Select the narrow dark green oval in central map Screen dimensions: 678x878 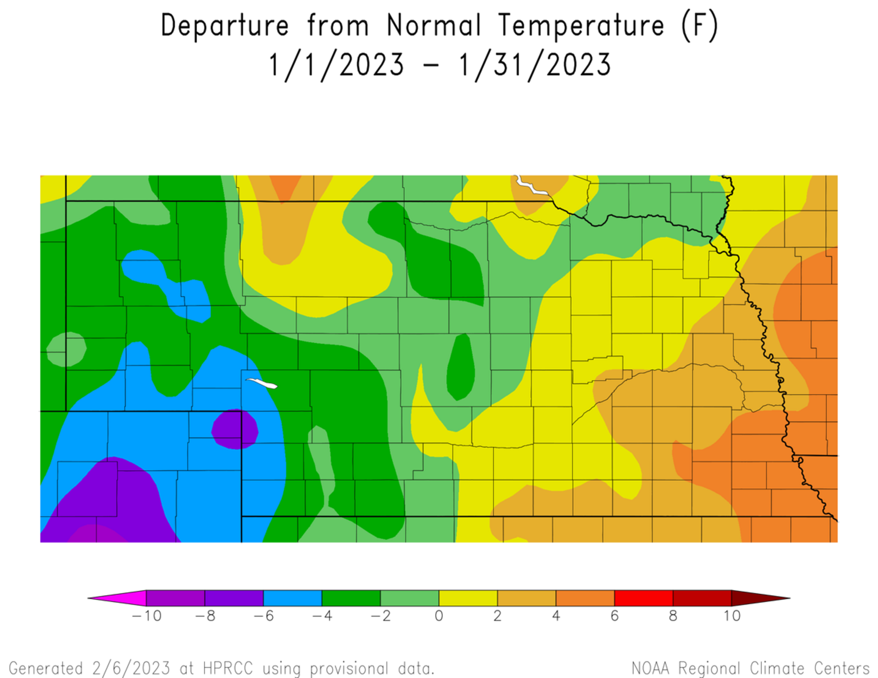[x=461, y=367]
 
